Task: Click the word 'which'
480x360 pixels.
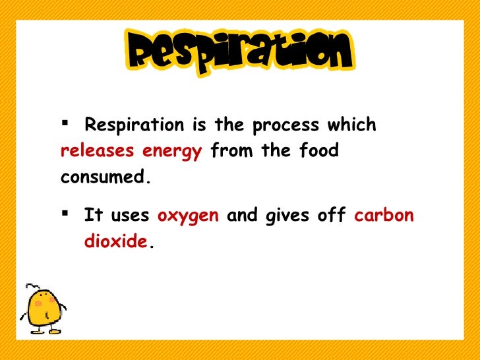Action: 353,125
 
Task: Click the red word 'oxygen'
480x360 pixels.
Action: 188,216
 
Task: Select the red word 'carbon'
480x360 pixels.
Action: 384,215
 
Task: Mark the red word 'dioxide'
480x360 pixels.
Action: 115,241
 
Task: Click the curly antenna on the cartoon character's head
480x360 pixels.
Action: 29,289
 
